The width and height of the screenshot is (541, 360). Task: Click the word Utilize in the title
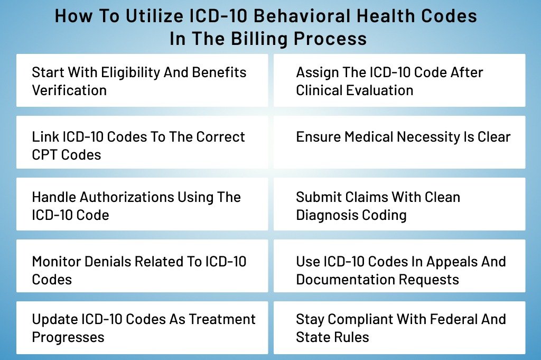pyautogui.click(x=154, y=16)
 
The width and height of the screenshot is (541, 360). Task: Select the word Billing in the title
pyautogui.click(x=259, y=38)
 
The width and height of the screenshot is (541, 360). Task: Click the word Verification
pyautogui.click(x=69, y=90)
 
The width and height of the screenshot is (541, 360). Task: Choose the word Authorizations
pyautogui.click(x=127, y=198)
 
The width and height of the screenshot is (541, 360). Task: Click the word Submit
pyautogui.click(x=318, y=197)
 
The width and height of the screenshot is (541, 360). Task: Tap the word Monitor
pyautogui.click(x=56, y=262)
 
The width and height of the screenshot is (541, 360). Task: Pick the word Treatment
pyautogui.click(x=222, y=319)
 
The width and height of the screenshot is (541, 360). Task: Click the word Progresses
pyautogui.click(x=68, y=338)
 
